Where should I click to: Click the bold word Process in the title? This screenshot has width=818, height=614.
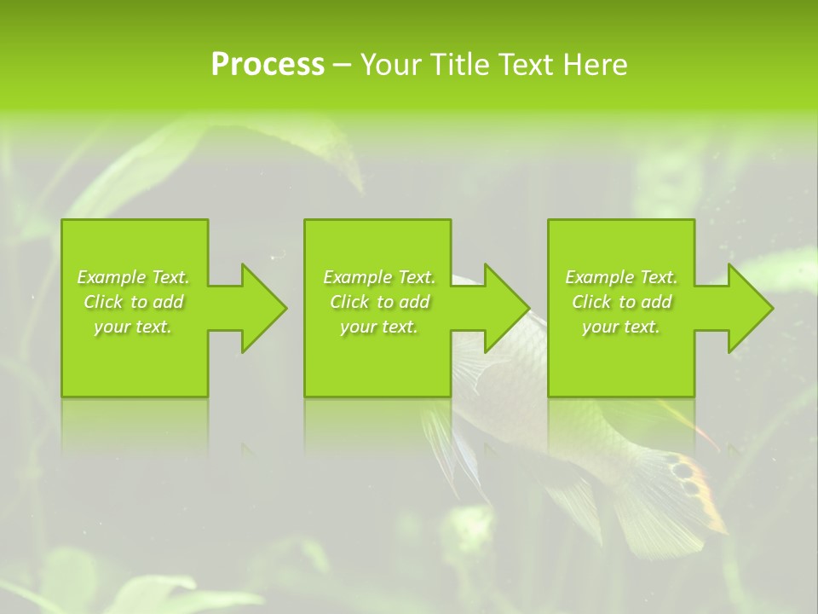pyautogui.click(x=268, y=64)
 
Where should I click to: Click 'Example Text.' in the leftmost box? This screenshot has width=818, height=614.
pyautogui.click(x=133, y=277)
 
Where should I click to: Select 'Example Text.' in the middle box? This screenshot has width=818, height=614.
pyautogui.click(x=379, y=277)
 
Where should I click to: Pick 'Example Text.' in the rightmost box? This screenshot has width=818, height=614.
pyautogui.click(x=621, y=277)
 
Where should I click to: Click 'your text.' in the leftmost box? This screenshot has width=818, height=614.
pyautogui.click(x=133, y=327)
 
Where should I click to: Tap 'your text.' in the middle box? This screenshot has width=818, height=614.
pyautogui.click(x=379, y=327)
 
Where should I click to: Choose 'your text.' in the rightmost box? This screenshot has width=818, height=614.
pyautogui.click(x=621, y=327)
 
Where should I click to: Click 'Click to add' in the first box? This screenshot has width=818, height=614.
pyautogui.click(x=133, y=302)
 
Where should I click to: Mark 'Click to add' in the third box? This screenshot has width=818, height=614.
pyautogui.click(x=621, y=302)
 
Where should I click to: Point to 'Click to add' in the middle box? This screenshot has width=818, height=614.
pyautogui.click(x=379, y=302)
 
